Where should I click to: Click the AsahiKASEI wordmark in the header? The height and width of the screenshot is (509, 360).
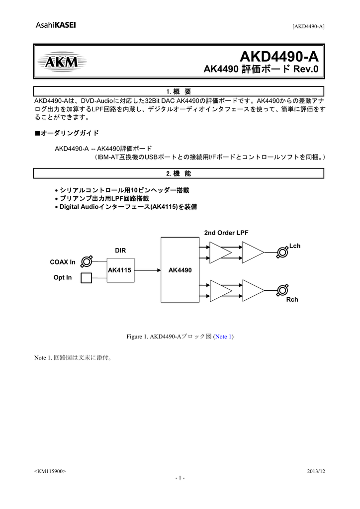click(x=56, y=26)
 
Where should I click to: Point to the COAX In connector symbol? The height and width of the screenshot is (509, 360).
click(x=87, y=261)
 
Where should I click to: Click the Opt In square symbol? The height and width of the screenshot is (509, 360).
click(x=87, y=277)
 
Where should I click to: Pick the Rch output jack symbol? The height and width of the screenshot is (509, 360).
click(x=282, y=290)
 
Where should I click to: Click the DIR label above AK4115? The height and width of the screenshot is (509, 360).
click(x=120, y=251)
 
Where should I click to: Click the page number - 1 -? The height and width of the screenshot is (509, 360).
click(x=180, y=478)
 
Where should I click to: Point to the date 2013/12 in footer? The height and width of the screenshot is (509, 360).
click(x=316, y=471)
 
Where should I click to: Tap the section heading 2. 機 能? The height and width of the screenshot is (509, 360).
click(x=179, y=173)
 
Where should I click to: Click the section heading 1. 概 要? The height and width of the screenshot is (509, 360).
click(x=179, y=91)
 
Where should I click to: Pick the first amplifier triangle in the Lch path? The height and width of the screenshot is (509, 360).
click(x=220, y=253)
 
